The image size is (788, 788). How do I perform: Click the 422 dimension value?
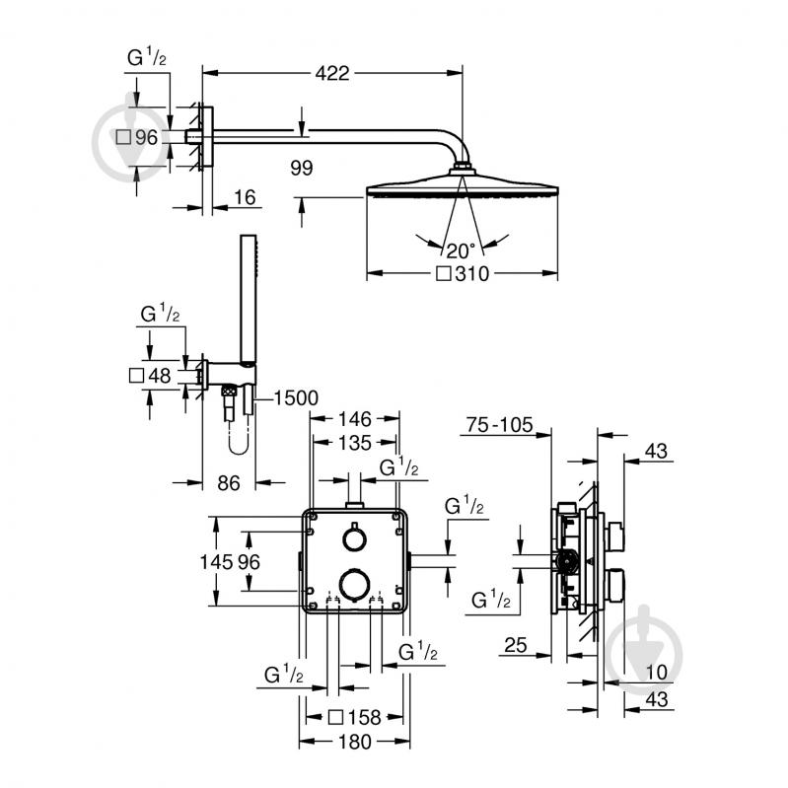point(333,73)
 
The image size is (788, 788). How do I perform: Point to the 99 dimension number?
point(301,168)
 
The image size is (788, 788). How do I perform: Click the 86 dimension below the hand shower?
point(228,483)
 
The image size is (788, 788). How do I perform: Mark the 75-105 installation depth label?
point(499,425)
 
